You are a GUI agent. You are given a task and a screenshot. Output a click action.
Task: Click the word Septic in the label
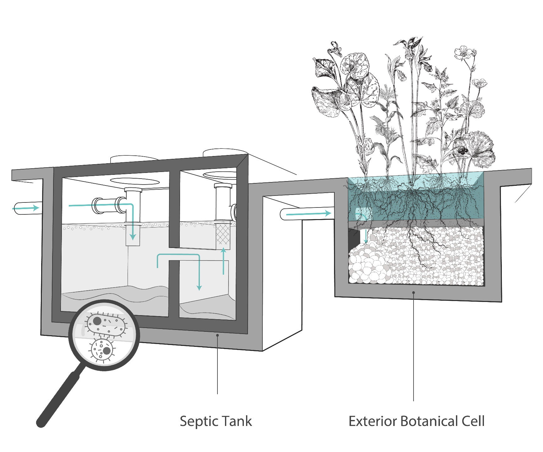pyautogui.click(x=195, y=421)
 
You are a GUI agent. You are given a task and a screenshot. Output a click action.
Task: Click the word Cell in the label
pyautogui.click(x=473, y=421)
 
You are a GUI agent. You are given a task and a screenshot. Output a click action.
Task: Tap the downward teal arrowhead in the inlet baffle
pyautogui.click(x=133, y=237)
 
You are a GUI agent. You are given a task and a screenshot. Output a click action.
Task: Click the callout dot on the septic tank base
pyautogui.click(x=217, y=335)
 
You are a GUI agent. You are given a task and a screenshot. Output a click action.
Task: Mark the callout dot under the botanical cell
pyautogui.click(x=414, y=293)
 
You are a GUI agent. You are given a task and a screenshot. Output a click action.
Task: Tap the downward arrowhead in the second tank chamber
pyautogui.click(x=199, y=287)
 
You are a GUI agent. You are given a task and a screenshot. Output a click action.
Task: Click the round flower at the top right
pyautogui.click(x=463, y=53)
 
